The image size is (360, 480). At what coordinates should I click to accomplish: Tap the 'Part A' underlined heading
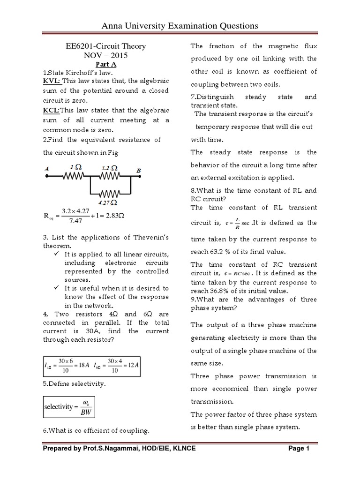(x=105, y=64)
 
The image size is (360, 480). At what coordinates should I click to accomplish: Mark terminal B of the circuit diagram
(x=138, y=171)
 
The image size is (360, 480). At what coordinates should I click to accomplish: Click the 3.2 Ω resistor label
(x=109, y=167)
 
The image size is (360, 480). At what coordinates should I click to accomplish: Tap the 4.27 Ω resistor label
(x=107, y=202)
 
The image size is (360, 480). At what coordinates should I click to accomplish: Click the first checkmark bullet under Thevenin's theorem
(x=57, y=254)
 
